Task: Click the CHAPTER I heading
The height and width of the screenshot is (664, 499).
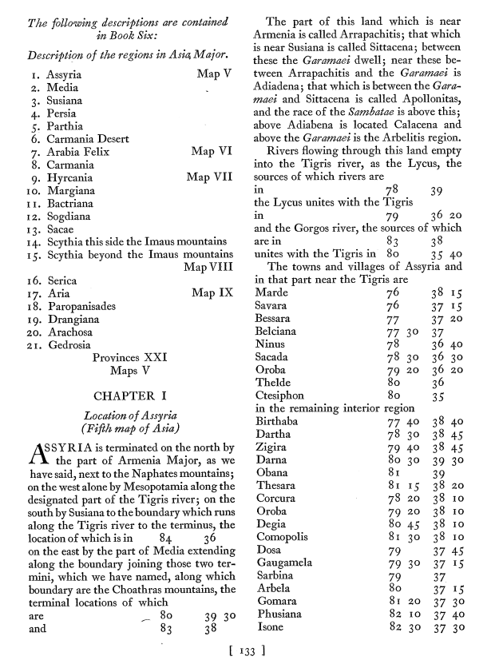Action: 131,396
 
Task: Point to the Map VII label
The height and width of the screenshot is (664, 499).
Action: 209,177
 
